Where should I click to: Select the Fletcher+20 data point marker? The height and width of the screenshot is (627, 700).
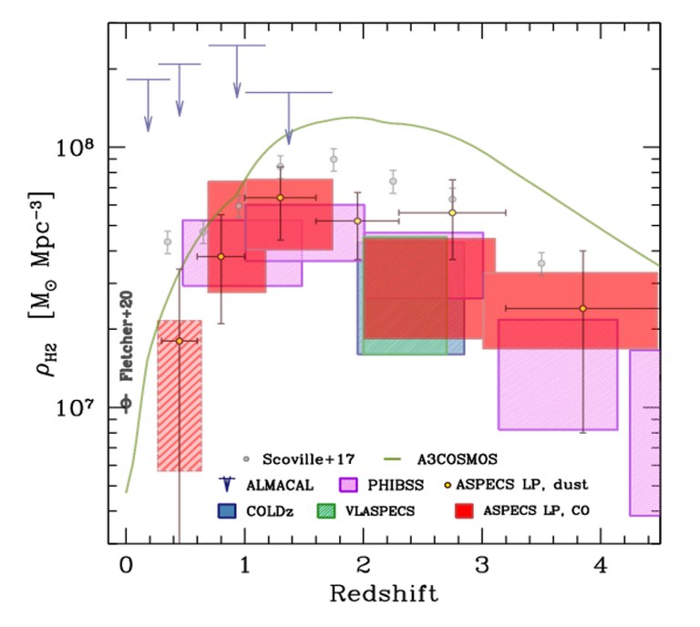coord(126,403)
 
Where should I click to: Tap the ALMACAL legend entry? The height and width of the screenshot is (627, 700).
coord(274,485)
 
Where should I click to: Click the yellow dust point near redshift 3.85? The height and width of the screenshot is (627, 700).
coord(583,308)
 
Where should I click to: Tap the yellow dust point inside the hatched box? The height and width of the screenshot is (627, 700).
coord(179,340)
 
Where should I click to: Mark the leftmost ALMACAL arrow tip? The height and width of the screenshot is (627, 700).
coord(148,128)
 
